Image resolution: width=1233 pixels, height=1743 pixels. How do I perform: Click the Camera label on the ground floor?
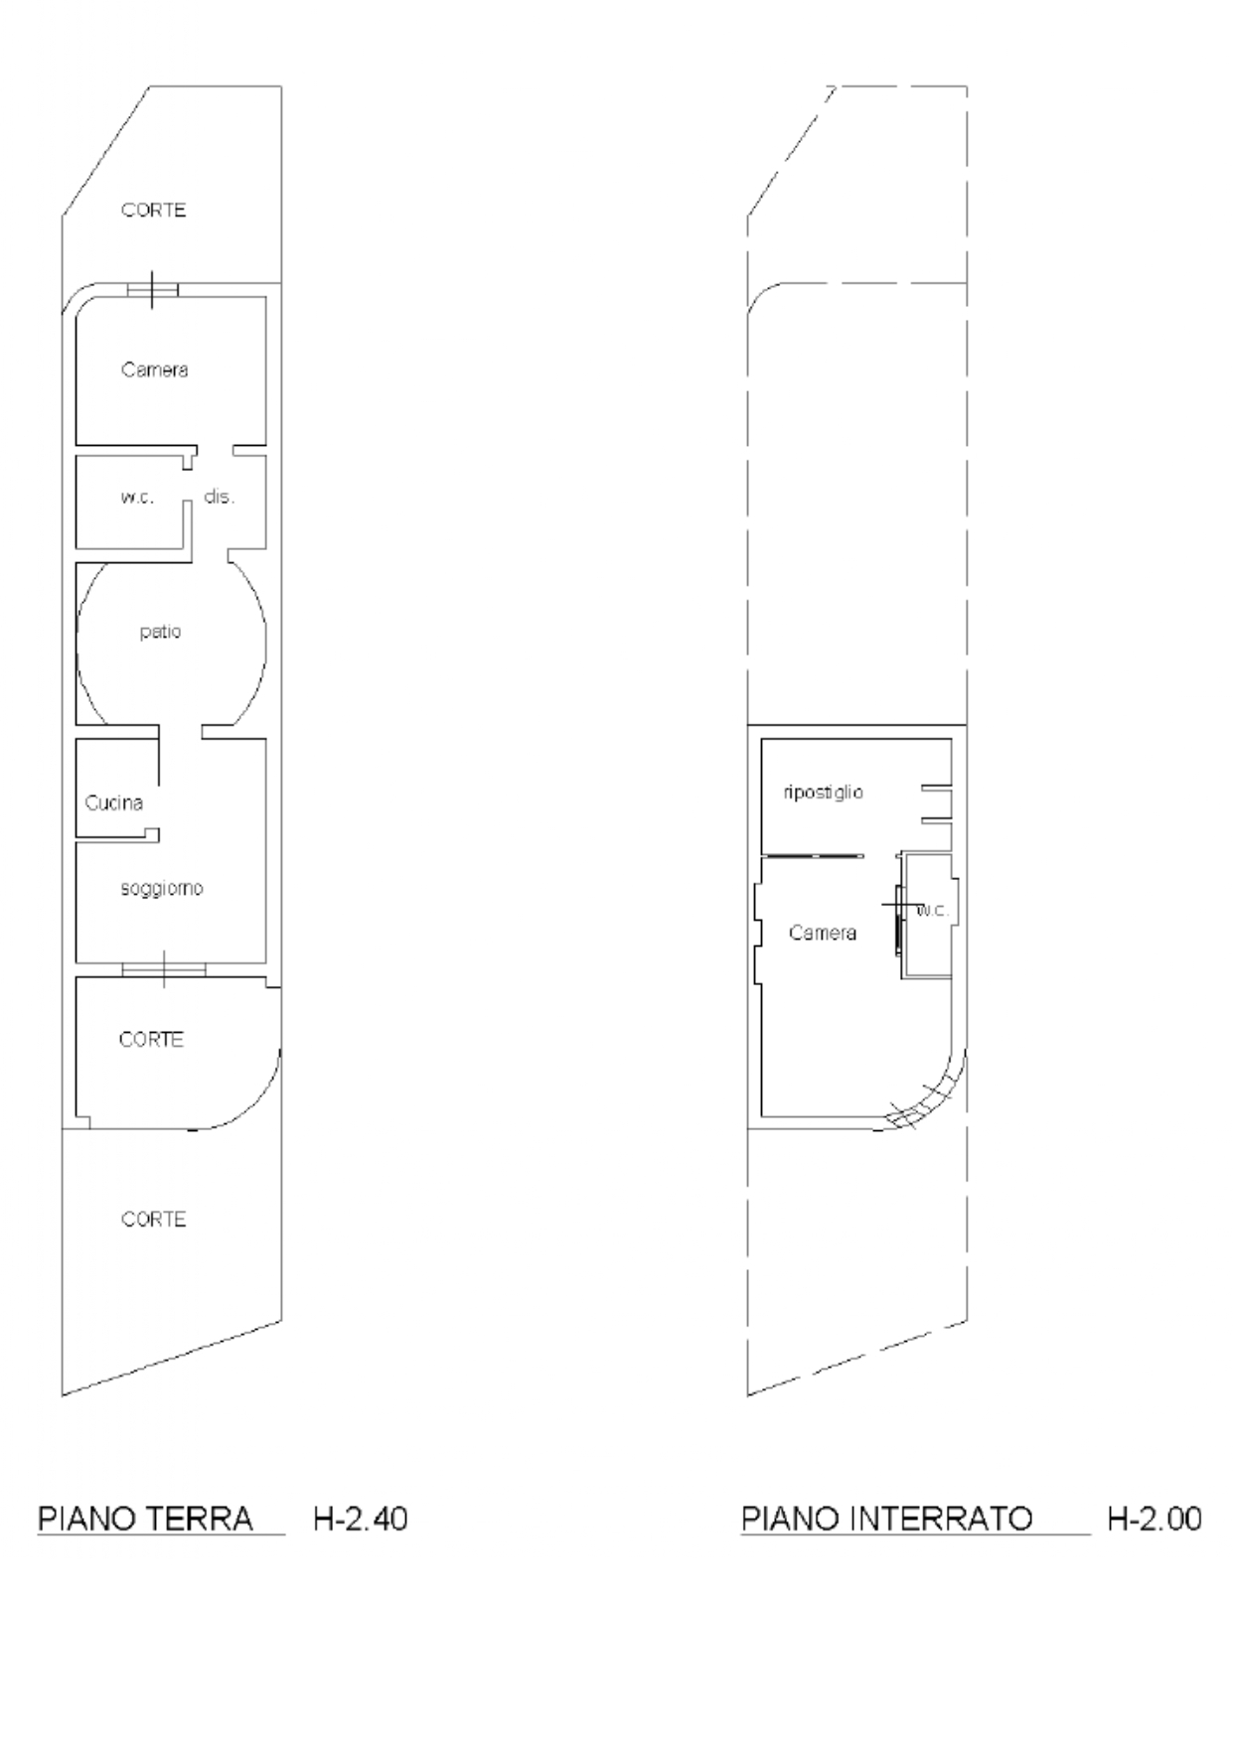155,369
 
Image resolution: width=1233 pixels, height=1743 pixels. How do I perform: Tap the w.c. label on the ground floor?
138,498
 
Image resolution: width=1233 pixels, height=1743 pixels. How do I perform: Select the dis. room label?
220,497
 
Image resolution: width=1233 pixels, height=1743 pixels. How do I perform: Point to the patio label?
160,632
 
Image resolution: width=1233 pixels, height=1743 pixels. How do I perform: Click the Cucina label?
114,802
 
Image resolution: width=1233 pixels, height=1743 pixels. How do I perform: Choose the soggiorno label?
162,888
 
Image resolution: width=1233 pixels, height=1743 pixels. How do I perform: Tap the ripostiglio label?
824,793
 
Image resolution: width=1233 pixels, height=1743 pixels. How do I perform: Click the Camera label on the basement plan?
823,933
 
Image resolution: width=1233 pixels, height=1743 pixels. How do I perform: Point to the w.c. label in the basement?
933,911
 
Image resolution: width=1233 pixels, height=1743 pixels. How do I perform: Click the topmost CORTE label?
154,211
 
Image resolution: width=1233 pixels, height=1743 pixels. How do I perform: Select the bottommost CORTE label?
154,1219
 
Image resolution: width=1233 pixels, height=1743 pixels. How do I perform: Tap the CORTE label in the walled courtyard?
151,1039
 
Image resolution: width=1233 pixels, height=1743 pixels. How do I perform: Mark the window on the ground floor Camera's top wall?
153,289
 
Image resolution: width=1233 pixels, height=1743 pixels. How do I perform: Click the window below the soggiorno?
164,968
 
